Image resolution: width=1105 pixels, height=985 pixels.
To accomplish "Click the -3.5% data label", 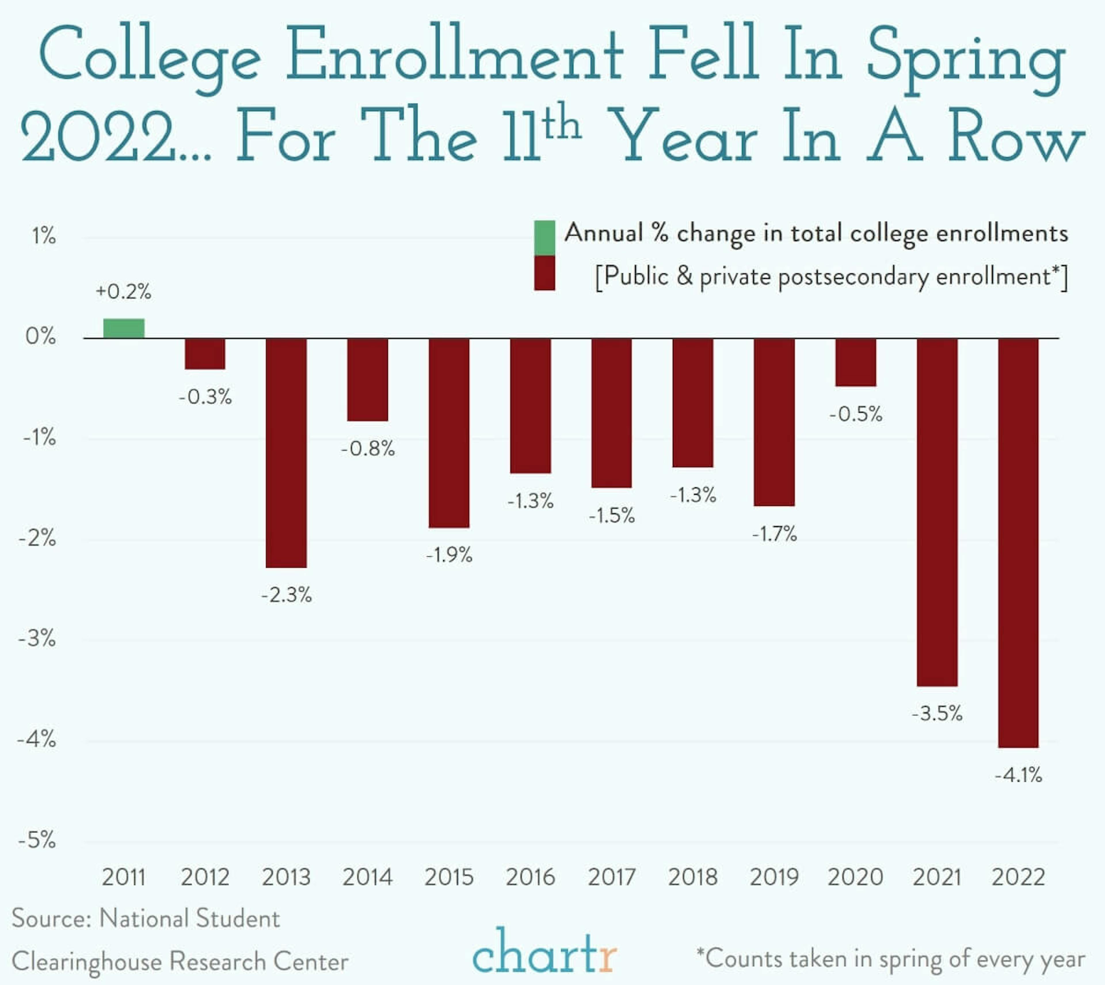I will click(x=937, y=713).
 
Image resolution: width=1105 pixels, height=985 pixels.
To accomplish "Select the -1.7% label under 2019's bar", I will click(x=774, y=534).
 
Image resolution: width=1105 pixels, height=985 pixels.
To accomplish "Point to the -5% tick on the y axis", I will click(x=37, y=840).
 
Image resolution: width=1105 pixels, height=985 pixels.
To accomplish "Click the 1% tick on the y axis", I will click(x=43, y=236).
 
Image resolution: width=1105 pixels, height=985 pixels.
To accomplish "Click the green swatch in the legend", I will click(x=544, y=238).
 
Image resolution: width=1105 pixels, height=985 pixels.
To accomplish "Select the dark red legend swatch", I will click(x=544, y=273).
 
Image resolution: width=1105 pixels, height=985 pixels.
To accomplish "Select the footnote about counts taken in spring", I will click(x=890, y=959).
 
